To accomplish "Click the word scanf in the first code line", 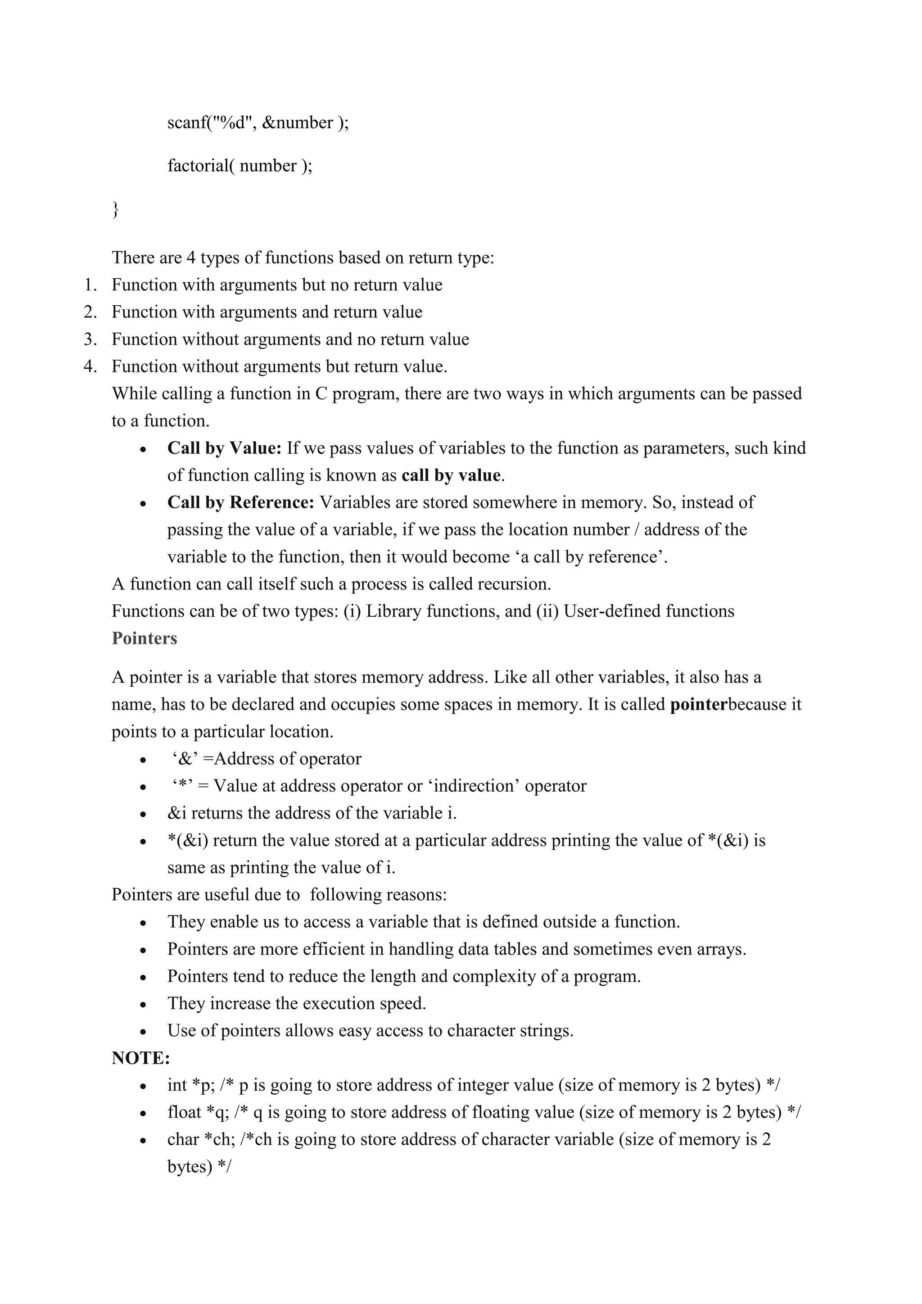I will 187,122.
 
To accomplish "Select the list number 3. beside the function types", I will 90,340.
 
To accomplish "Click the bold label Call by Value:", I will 224,448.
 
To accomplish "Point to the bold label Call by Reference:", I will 241,503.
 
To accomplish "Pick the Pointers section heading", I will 144,638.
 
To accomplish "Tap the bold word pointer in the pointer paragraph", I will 698,705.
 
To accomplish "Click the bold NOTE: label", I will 141,1058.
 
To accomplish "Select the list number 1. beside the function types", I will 90,285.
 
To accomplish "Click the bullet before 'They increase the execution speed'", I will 144,1005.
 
